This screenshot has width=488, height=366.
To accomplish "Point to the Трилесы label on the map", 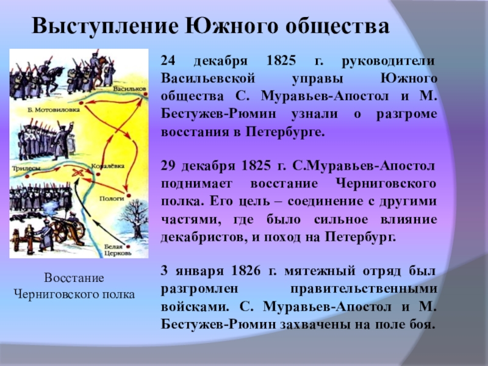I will coord(23,167).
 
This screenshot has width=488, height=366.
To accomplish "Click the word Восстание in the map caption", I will coord(74,278).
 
